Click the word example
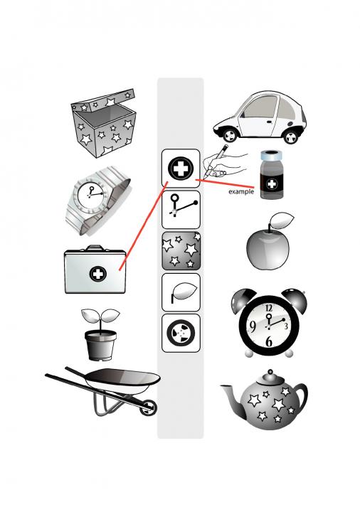click(x=241, y=192)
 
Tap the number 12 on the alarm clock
click(x=268, y=308)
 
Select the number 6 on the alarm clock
click(x=268, y=341)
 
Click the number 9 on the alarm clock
click(x=253, y=326)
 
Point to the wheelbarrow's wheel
click(x=148, y=407)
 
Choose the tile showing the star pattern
click(x=181, y=251)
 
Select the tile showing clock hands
click(x=181, y=210)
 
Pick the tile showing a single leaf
click(x=181, y=292)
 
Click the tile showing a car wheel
click(x=181, y=333)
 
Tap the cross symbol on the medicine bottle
click(x=272, y=184)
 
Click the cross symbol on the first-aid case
click(x=97, y=274)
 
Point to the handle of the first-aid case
click(x=95, y=248)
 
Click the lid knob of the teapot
click(x=270, y=372)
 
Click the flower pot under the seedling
click(x=100, y=344)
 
